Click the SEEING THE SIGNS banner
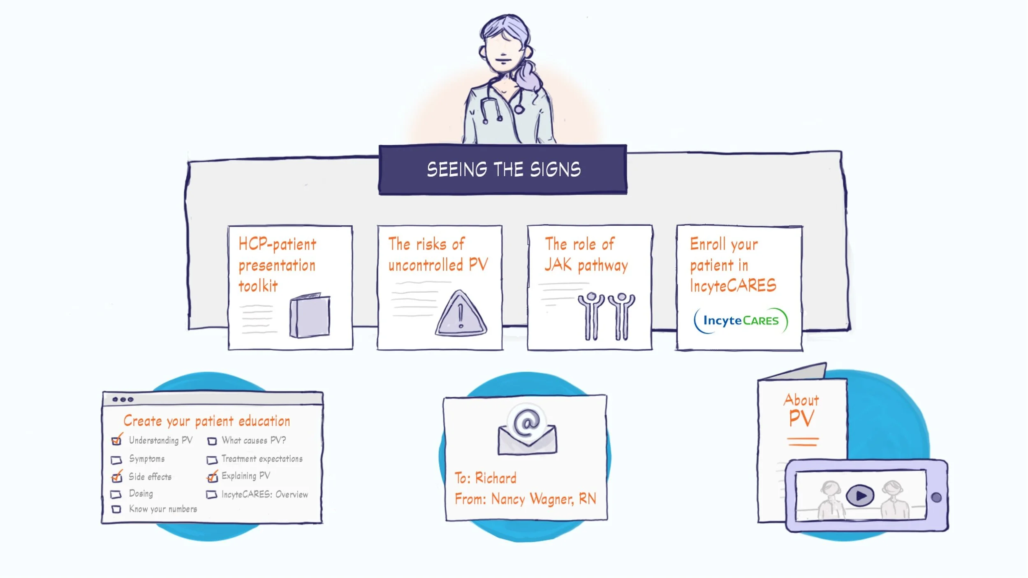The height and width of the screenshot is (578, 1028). pos(503,169)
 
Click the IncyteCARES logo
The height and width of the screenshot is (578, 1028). pos(741,321)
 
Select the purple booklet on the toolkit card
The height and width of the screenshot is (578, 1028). pos(310,316)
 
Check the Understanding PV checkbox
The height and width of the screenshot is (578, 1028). pos(116,441)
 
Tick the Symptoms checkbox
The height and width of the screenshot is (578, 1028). pos(116,460)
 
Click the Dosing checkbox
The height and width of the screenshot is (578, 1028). pos(116,494)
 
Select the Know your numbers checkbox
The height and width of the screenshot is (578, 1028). pos(116,509)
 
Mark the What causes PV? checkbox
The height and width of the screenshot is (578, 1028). pos(212,441)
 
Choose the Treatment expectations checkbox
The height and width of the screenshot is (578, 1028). pos(212,460)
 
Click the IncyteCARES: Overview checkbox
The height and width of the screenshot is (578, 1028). pos(211,495)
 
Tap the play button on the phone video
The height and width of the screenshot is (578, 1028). pos(860,495)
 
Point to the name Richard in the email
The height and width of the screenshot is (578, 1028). pos(495,478)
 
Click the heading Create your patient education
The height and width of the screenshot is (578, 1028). pos(207,421)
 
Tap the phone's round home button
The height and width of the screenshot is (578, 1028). pos(936,497)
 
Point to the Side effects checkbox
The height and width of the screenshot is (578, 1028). pos(116,477)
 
